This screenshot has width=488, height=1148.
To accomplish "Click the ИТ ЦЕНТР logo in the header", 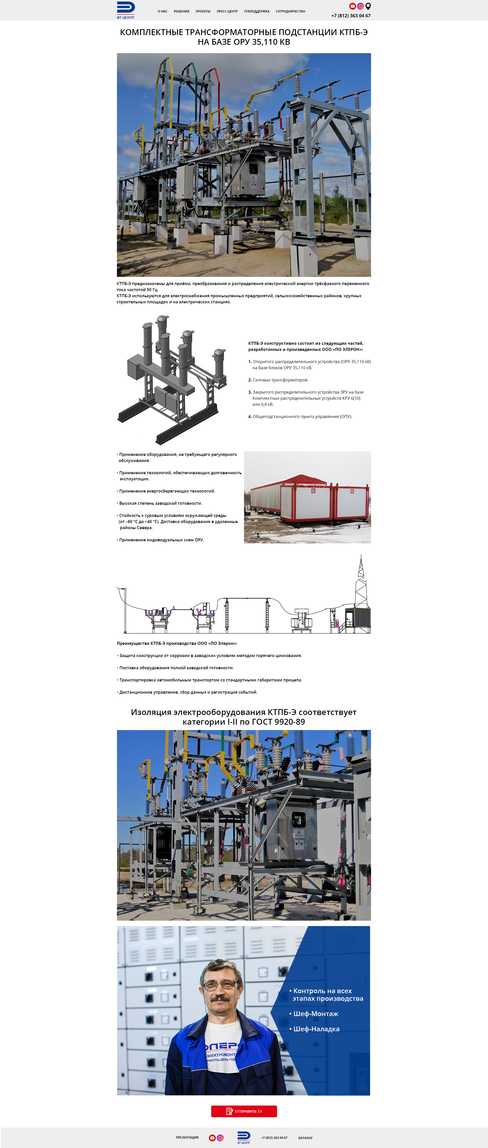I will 126,10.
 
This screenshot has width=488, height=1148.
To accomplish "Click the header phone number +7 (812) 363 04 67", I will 351,16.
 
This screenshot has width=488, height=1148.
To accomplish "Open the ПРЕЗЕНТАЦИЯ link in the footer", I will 187,1137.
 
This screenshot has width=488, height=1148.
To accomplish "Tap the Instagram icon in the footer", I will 220,1138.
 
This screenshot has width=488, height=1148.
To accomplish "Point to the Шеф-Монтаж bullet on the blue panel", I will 315,1013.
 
